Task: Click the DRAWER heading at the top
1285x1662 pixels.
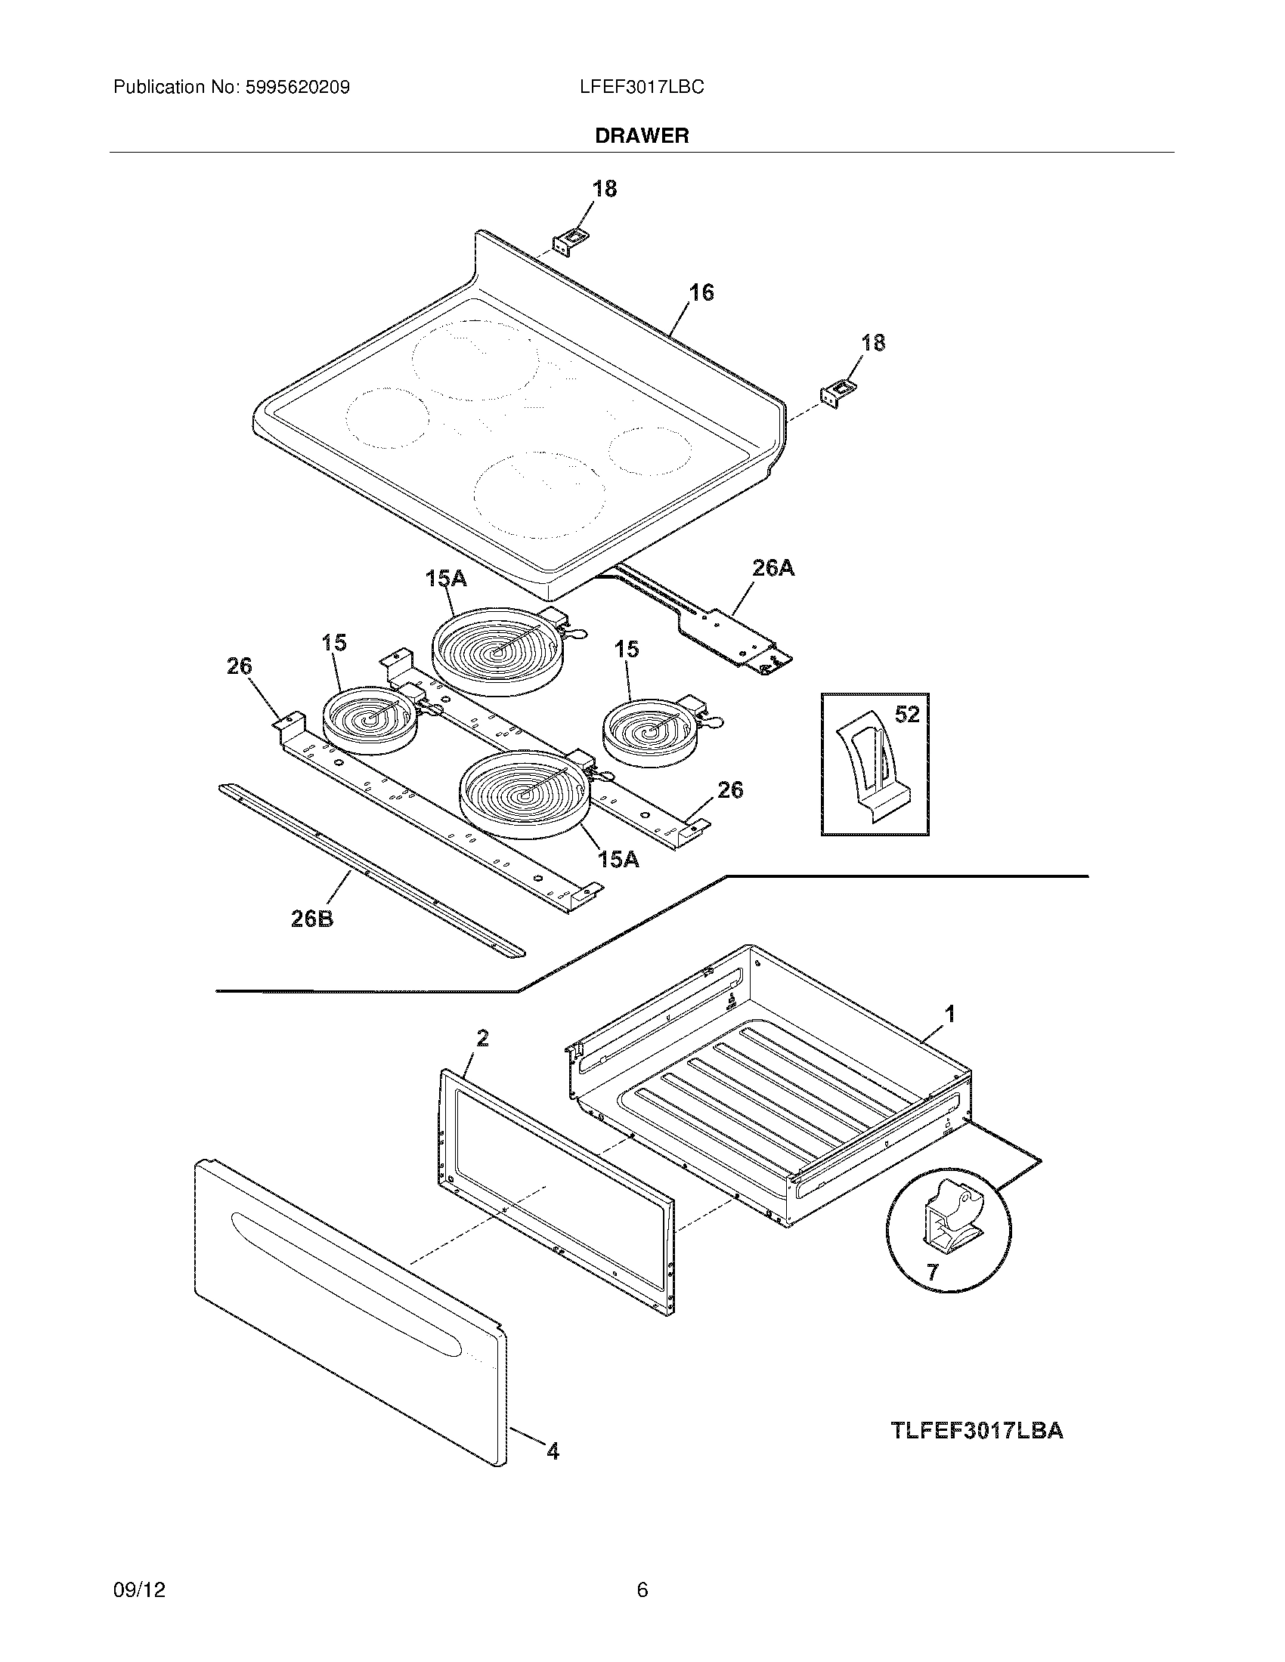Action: [x=642, y=135]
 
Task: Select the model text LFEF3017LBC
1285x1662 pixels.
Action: [x=642, y=88]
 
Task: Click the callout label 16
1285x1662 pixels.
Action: [x=701, y=293]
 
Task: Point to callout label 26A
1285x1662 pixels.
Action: [x=773, y=567]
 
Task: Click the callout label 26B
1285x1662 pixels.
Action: [x=312, y=919]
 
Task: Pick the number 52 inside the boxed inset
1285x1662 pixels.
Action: [x=907, y=714]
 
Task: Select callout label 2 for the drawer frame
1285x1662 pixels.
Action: [x=482, y=1038]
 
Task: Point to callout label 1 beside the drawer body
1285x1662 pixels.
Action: [x=949, y=1014]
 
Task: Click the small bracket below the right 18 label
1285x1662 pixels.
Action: [x=836, y=395]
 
